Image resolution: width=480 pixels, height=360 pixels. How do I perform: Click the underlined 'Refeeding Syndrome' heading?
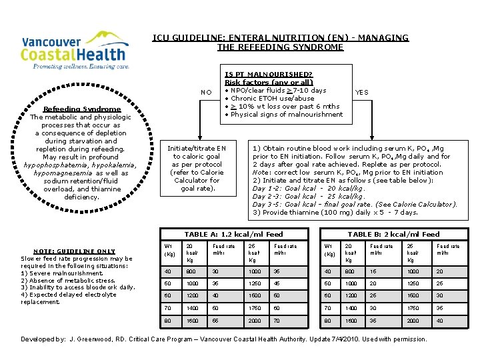82,109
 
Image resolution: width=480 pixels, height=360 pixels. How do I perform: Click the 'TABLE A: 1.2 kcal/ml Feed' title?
233,234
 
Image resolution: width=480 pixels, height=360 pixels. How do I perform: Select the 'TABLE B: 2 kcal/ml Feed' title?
393,234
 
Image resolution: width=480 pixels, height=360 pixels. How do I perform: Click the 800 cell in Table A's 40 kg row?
192,271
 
